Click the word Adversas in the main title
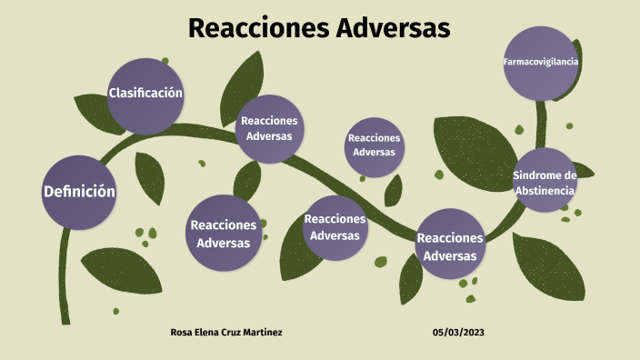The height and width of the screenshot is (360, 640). (394, 28)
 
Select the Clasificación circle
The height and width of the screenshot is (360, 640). (145, 95)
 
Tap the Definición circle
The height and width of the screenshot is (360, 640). (79, 193)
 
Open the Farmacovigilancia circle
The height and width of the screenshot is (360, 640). (541, 63)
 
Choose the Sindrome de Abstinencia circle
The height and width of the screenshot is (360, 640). (545, 181)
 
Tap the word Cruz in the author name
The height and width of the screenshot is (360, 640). (241, 333)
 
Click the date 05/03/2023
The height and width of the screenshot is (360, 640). (459, 333)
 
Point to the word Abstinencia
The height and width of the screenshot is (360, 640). (545, 190)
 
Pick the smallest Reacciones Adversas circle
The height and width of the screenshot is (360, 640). (374, 145)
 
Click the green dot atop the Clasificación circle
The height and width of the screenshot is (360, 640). (165, 61)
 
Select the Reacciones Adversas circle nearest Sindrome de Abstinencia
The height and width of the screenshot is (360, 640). (449, 245)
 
